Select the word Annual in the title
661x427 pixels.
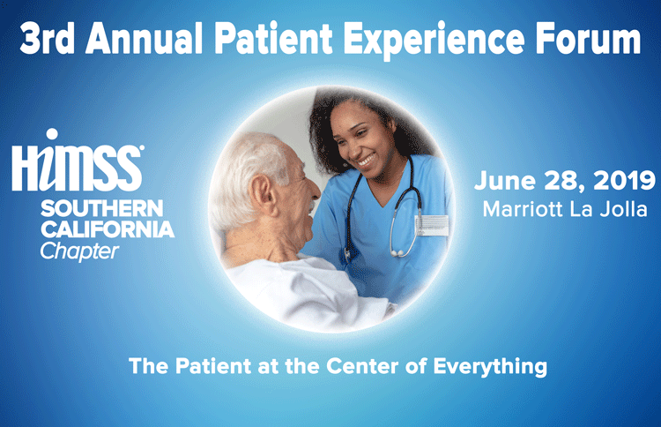coord(145,38)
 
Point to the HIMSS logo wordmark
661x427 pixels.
coord(77,168)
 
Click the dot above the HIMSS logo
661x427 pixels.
coord(52,134)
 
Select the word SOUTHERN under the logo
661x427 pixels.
coord(102,208)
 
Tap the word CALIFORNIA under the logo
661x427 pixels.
coord(108,229)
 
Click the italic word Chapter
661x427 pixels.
coord(79,251)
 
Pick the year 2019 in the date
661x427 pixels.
coord(624,181)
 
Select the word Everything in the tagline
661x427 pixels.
coord(490,367)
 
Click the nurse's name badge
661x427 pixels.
coord(432,225)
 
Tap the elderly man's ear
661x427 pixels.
coord(261,193)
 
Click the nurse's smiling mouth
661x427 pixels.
coord(366,161)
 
